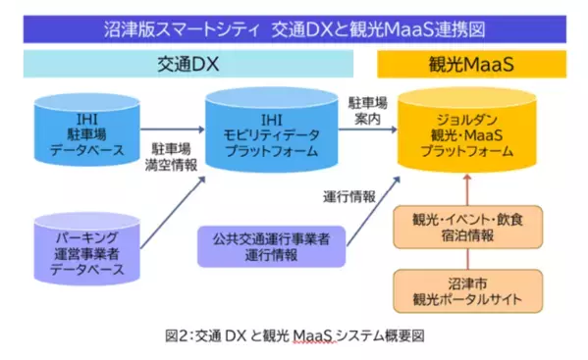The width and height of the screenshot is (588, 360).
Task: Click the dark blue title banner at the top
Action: [294, 28]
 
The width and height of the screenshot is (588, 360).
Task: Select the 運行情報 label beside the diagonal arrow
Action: [349, 195]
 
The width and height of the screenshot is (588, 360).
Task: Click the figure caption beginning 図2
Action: [294, 336]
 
